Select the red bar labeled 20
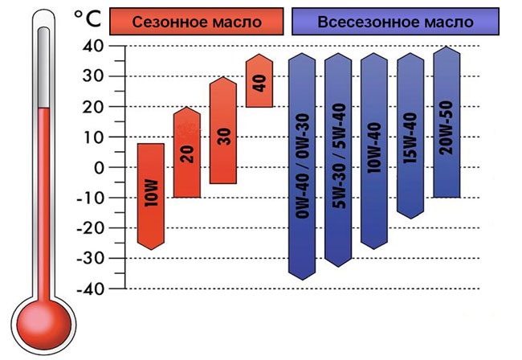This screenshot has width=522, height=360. (186, 153)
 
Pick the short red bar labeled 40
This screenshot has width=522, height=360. (259, 81)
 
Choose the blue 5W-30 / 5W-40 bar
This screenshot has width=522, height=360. (338, 161)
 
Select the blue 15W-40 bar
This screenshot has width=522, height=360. (410, 136)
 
